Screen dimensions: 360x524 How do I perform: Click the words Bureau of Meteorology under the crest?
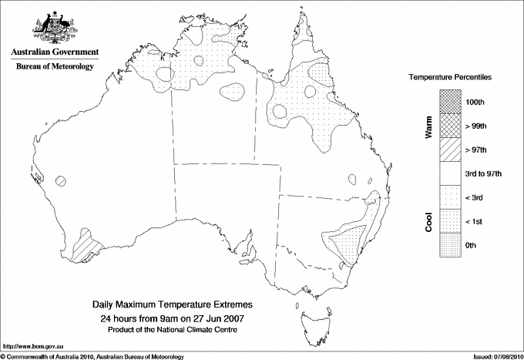55,67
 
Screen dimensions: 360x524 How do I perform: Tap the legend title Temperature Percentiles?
450,78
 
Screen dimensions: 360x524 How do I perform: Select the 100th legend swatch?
451,101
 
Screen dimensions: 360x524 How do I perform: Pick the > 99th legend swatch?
451,125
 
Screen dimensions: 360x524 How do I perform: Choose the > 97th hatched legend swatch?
451,149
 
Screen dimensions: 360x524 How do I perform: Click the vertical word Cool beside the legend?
428,222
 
